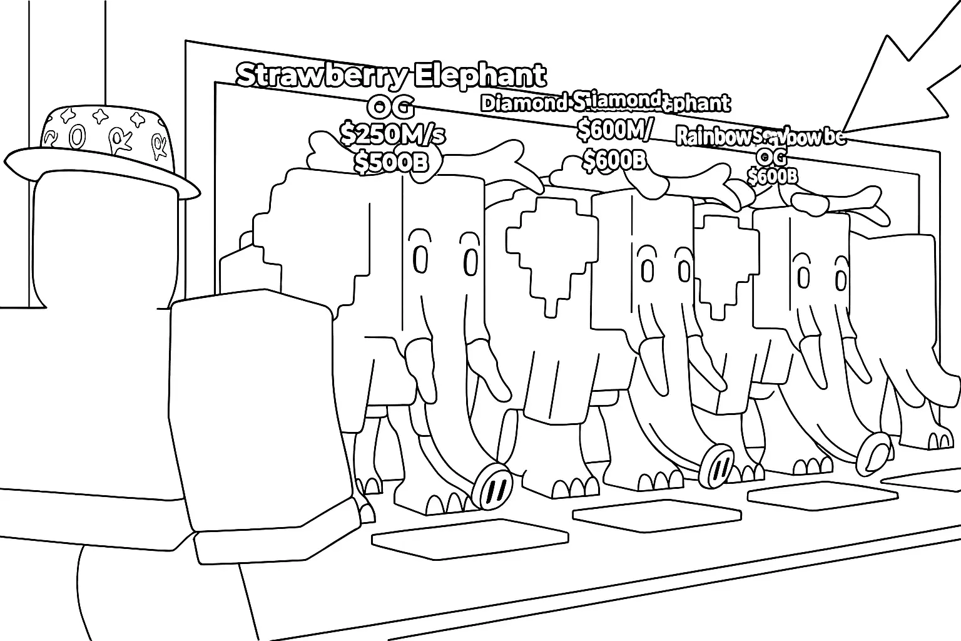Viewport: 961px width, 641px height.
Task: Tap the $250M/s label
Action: coord(392,133)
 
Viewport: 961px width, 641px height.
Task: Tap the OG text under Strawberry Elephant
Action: coord(390,108)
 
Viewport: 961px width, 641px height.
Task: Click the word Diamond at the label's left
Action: coord(523,103)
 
